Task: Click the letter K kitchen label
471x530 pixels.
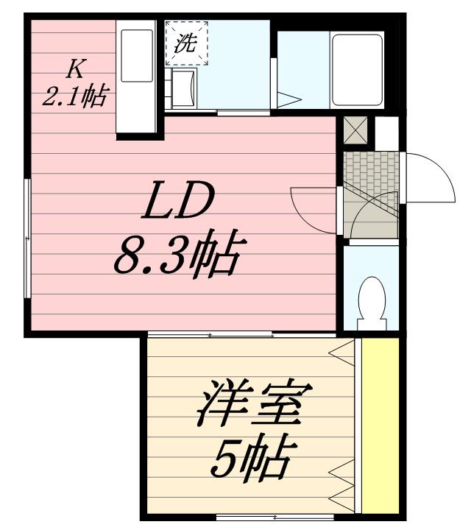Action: pyautogui.click(x=74, y=69)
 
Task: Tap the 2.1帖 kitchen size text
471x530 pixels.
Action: pyautogui.click(x=74, y=96)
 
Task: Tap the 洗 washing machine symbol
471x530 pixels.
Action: pyautogui.click(x=187, y=42)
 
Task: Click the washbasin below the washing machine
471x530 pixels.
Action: pyautogui.click(x=183, y=87)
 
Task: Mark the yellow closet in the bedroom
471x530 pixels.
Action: pyautogui.click(x=380, y=427)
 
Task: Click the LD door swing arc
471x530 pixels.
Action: pyautogui.click(x=312, y=206)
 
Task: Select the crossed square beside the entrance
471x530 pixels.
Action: pyautogui.click(x=356, y=132)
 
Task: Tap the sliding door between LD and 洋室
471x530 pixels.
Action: pyautogui.click(x=243, y=336)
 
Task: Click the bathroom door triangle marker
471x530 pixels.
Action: pyautogui.click(x=289, y=98)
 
